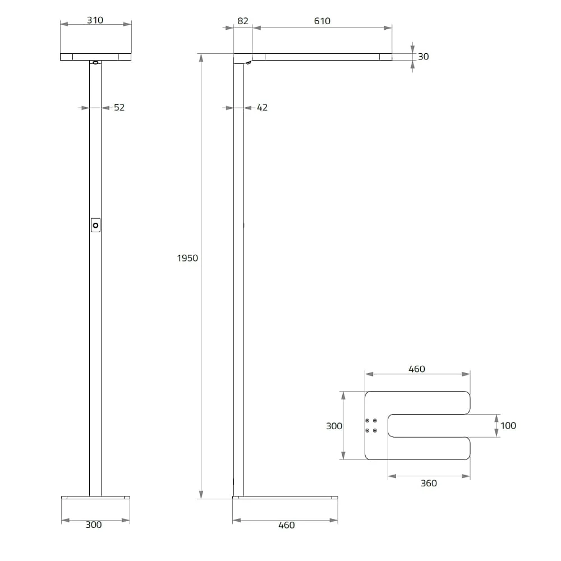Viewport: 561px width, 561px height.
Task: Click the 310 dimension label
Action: click(x=95, y=20)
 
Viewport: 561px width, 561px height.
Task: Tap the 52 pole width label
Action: click(x=119, y=107)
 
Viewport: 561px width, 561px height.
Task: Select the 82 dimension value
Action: click(x=242, y=21)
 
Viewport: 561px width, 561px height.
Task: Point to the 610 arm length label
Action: click(x=322, y=21)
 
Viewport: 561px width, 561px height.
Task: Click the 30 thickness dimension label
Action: click(x=423, y=57)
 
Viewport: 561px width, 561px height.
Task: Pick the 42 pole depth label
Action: click(x=262, y=107)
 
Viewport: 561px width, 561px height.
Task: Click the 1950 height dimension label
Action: click(x=187, y=258)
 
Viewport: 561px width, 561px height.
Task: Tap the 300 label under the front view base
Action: click(x=94, y=525)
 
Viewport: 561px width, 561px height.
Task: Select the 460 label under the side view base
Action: click(x=287, y=525)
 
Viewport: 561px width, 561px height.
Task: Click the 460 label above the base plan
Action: click(x=417, y=369)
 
